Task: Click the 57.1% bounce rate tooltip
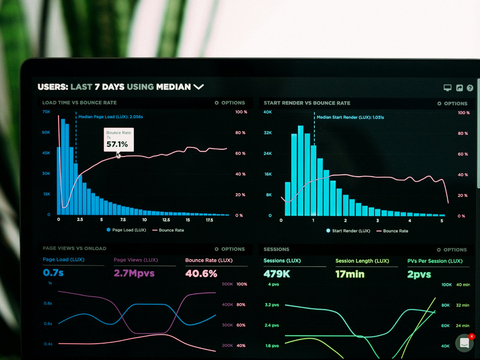119,140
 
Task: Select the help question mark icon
470,88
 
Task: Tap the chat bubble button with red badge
465,343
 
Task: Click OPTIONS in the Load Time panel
230,103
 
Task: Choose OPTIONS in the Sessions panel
452,250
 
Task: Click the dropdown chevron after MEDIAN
198,87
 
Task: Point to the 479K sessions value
277,274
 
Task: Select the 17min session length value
350,274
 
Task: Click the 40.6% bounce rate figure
201,274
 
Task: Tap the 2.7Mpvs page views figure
134,273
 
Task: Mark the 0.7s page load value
53,273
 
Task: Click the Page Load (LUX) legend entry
126,230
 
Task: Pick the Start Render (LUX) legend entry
348,231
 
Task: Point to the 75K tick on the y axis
46,112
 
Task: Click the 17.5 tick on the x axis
209,220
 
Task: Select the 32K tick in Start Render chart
267,133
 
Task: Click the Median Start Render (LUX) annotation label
350,117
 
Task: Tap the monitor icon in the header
447,88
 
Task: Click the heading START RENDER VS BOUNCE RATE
307,103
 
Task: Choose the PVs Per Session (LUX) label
435,261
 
